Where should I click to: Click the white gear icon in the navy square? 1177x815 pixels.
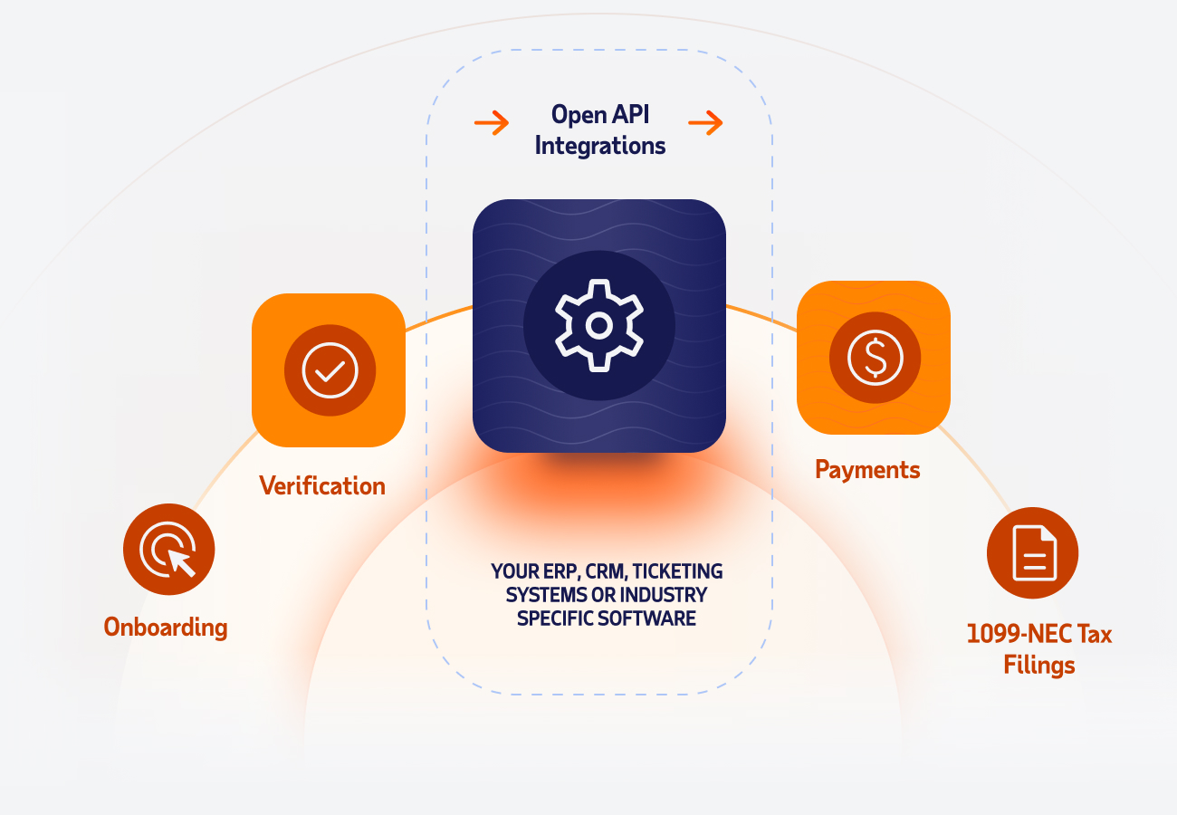[598, 324]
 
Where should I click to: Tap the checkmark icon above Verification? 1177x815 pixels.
[330, 370]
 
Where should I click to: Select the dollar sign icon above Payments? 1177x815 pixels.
[875, 357]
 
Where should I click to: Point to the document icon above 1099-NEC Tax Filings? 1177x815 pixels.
[1033, 552]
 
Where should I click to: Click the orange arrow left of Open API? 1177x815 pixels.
[492, 122]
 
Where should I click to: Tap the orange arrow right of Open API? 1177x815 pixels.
[705, 122]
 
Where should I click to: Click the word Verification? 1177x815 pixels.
[322, 486]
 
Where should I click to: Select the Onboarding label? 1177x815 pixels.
[165, 627]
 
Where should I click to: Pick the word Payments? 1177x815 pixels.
[867, 470]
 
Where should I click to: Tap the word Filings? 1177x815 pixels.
[1038, 666]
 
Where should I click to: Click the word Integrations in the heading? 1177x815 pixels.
[599, 145]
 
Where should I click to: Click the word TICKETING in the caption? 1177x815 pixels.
[678, 572]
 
